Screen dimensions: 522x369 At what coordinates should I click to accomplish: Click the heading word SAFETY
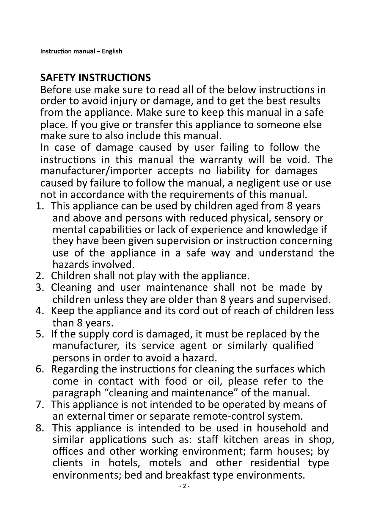click(58, 78)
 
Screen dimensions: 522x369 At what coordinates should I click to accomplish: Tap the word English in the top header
click(112, 51)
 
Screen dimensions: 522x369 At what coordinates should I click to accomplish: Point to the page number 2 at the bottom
click(184, 486)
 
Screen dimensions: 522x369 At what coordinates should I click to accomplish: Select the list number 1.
click(39, 206)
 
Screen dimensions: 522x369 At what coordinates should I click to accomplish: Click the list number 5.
click(39, 334)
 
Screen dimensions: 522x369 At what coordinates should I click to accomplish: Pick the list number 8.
click(39, 428)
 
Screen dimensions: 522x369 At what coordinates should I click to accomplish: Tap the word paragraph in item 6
click(77, 393)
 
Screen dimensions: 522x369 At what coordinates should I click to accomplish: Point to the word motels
click(165, 463)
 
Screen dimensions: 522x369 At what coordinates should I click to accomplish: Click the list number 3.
click(39, 287)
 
